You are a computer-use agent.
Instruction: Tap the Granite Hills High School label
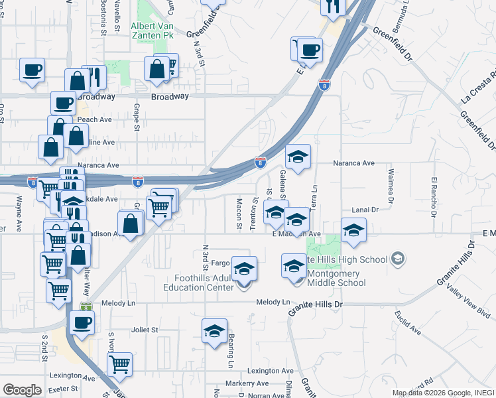pyautogui.click(x=350, y=258)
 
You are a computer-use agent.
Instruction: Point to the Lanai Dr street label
pyautogui.click(x=364, y=209)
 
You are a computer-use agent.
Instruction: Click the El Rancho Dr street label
pyautogui.click(x=435, y=197)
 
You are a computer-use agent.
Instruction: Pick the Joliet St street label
pyautogui.click(x=145, y=329)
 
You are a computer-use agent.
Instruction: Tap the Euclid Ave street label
pyautogui.click(x=407, y=322)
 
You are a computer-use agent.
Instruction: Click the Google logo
pyautogui.click(x=21, y=389)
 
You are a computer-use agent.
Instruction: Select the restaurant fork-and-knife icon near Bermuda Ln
pyautogui.click(x=333, y=7)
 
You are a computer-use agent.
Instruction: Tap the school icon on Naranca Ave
pyautogui.click(x=298, y=157)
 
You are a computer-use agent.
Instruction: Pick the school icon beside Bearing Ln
pyautogui.click(x=215, y=331)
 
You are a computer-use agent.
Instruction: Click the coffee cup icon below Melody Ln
pyautogui.click(x=82, y=323)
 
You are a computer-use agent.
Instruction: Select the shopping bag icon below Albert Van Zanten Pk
pyautogui.click(x=157, y=69)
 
